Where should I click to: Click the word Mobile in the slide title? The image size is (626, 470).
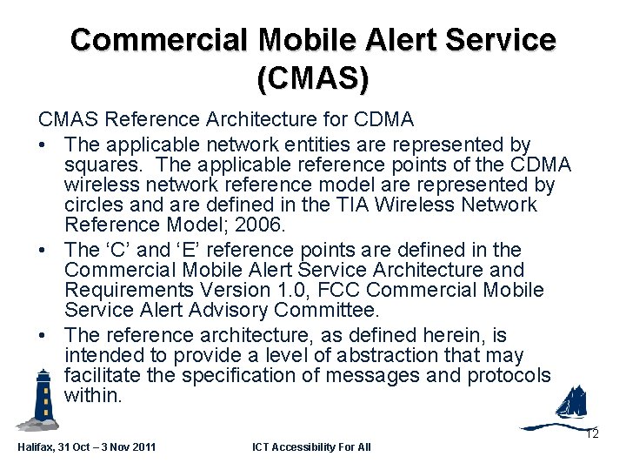[306, 39]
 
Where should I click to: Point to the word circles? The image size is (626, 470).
[95, 205]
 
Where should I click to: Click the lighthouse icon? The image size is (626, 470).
[40, 399]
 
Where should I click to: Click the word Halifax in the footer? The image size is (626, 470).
[36, 447]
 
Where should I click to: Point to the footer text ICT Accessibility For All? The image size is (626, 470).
[311, 447]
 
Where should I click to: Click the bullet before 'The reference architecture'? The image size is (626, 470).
[42, 335]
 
